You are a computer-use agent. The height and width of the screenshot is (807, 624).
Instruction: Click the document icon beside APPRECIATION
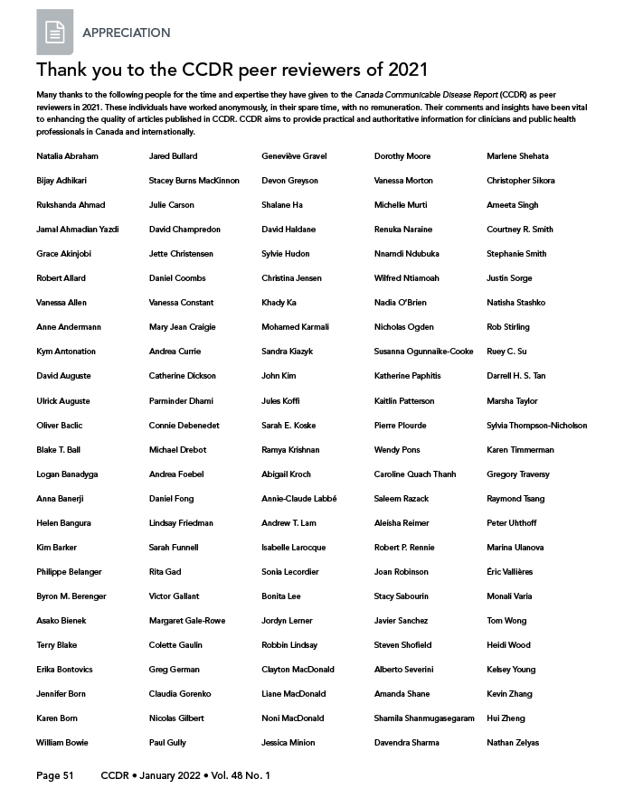pyautogui.click(x=54, y=33)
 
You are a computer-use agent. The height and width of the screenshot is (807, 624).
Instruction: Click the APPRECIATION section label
pyautogui.click(x=126, y=33)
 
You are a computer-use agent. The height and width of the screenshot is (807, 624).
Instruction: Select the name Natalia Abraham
pyautogui.click(x=67, y=156)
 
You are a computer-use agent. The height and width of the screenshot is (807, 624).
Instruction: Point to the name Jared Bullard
pyautogui.click(x=173, y=156)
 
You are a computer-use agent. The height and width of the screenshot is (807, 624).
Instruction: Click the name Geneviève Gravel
pyautogui.click(x=296, y=156)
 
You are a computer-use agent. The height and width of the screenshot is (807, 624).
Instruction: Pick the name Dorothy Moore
pyautogui.click(x=402, y=156)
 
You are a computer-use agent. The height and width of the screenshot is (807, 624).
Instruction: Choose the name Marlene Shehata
pyautogui.click(x=517, y=156)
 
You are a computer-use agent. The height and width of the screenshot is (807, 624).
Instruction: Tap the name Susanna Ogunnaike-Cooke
pyautogui.click(x=423, y=352)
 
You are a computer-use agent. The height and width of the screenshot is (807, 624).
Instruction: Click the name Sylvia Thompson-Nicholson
pyautogui.click(x=536, y=426)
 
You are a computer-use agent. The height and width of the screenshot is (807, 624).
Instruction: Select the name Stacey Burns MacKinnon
pyautogui.click(x=194, y=181)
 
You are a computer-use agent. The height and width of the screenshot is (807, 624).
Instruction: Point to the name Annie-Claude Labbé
pyautogui.click(x=298, y=499)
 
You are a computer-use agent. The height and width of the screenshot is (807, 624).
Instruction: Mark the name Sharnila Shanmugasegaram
pyautogui.click(x=424, y=718)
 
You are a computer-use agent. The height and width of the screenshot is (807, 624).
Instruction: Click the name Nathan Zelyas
pyautogui.click(x=513, y=743)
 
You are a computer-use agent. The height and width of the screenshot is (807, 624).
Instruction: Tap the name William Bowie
pyautogui.click(x=62, y=743)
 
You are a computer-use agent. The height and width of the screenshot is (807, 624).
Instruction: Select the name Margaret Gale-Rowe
pyautogui.click(x=187, y=621)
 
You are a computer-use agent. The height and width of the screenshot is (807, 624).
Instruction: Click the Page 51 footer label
pyautogui.click(x=54, y=775)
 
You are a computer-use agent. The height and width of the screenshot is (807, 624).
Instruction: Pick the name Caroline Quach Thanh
pyautogui.click(x=415, y=474)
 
